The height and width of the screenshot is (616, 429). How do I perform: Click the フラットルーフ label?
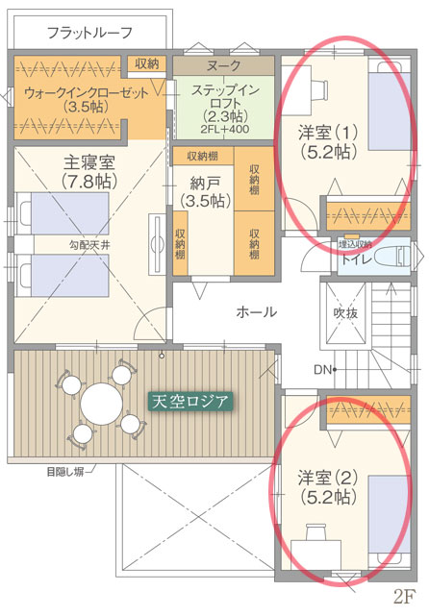pos(89,33)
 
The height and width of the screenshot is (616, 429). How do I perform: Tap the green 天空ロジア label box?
pos(190,402)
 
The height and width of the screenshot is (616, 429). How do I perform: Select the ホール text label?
pos(257,312)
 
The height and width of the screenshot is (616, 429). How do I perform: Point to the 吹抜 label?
pos(345,313)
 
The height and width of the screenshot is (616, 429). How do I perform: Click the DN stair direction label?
pos(322,370)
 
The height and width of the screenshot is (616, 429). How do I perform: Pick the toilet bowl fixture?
pos(392,257)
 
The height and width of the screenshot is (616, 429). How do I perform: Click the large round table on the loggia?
pos(101,404)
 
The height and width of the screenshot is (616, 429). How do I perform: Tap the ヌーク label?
pos(223,65)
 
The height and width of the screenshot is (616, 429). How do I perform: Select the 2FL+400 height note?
pos(224,129)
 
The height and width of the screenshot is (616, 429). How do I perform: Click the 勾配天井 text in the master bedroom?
pos(89,246)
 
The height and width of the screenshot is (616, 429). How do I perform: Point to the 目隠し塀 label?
pos(64,472)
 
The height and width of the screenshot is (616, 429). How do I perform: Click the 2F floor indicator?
pos(404,598)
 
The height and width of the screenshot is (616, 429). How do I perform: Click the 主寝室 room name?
pos(89,161)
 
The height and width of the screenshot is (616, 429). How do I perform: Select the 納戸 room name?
pos(205,183)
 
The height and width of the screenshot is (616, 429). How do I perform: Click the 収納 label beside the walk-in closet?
pos(146,63)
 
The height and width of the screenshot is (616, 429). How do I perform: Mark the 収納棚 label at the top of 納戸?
pos(203,157)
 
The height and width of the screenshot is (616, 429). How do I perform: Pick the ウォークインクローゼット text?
pos(87,93)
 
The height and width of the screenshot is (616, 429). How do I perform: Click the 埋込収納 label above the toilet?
pos(355,244)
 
